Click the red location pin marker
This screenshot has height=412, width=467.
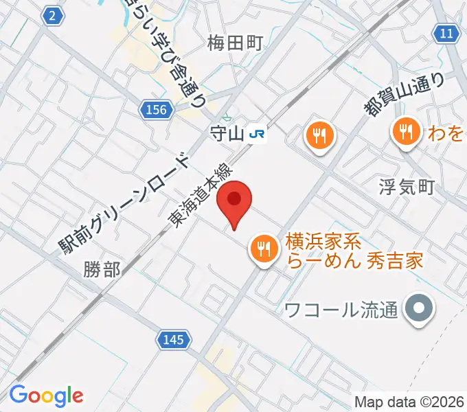pos(234,201)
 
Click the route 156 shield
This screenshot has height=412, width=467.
pos(156,109)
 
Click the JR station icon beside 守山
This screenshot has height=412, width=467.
pos(258,134)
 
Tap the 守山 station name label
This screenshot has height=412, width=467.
pos(227,134)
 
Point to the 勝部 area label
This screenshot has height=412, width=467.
pos(103,268)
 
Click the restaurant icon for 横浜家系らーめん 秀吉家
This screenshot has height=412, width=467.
pos(264,247)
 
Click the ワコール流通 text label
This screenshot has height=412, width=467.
pos(341,310)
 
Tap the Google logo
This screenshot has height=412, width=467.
pos(46,396)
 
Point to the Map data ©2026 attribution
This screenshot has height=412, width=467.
pos(409,402)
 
